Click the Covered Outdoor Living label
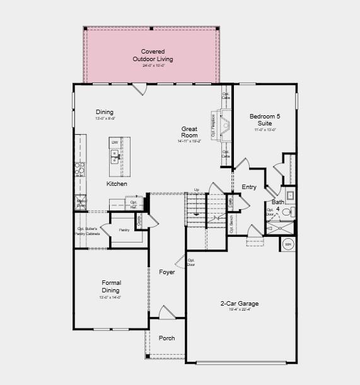coord(153,55)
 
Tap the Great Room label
coord(189,132)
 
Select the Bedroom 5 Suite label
coord(264,120)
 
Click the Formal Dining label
coord(111,287)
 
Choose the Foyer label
coord(167,272)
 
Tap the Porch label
coord(167,338)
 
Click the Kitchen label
coord(117,184)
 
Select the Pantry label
coord(124,230)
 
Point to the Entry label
coord(249,187)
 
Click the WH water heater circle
coord(288,244)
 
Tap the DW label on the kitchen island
coord(115,143)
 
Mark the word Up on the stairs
coord(196,190)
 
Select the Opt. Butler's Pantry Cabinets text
coord(88,231)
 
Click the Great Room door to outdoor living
coord(140,89)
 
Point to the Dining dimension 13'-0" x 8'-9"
coord(105,118)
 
